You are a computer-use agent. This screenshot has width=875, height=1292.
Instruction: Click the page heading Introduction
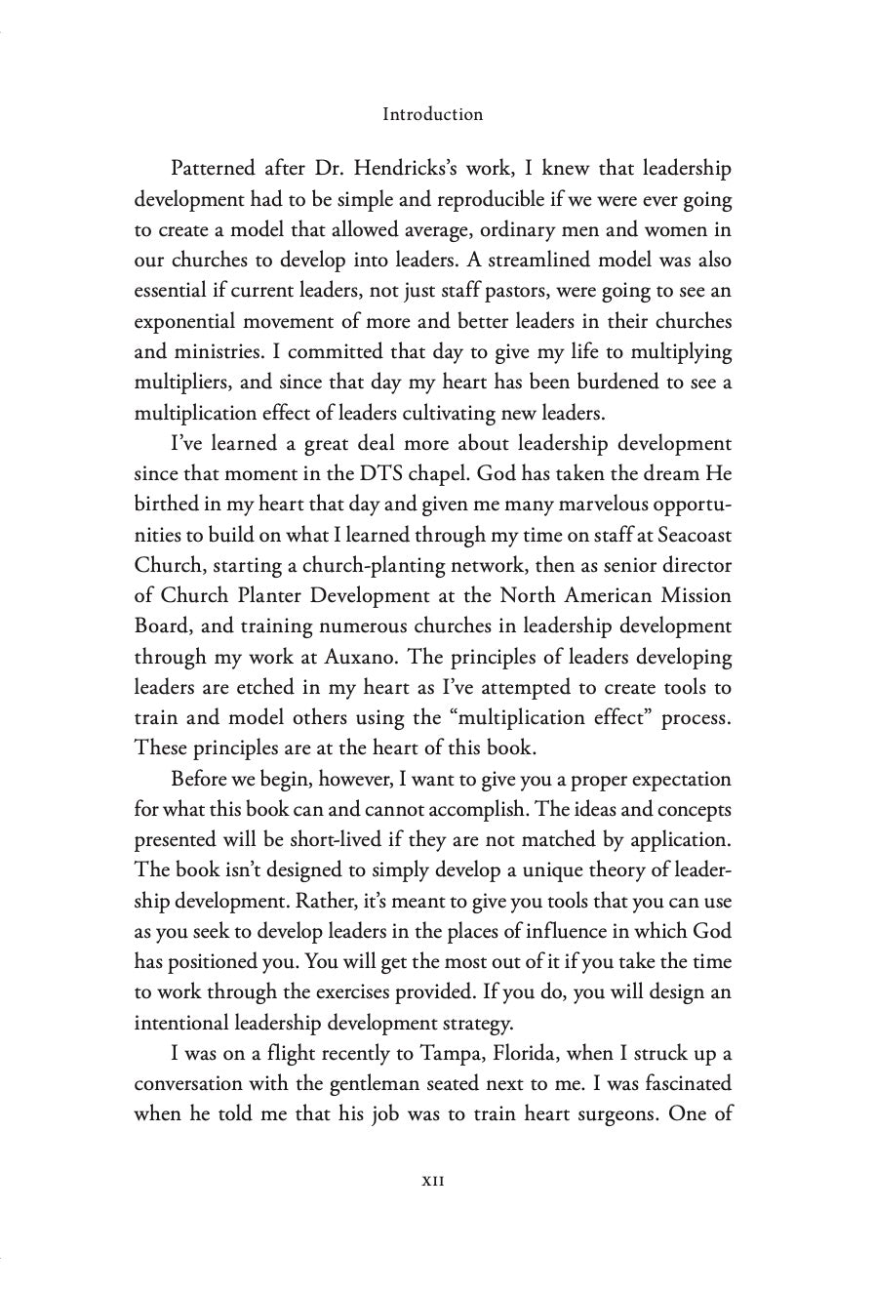click(x=432, y=114)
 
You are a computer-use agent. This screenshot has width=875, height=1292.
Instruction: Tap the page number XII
click(x=432, y=1207)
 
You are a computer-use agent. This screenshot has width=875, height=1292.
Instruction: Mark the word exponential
click(x=187, y=322)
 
